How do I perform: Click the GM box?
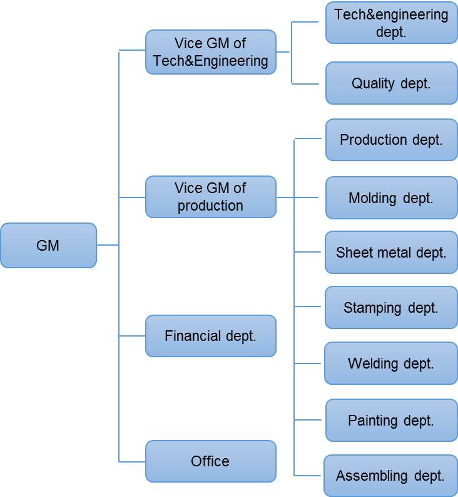pyautogui.click(x=48, y=246)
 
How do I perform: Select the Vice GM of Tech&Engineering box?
pyautogui.click(x=211, y=52)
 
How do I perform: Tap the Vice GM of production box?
pyautogui.click(x=211, y=197)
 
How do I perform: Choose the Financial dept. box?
pyautogui.click(x=211, y=336)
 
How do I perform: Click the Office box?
pyautogui.click(x=211, y=461)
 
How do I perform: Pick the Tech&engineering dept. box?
pyautogui.click(x=391, y=23)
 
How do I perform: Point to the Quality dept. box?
pyautogui.click(x=391, y=83)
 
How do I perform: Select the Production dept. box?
pyautogui.click(x=391, y=140)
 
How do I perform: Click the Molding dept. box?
pyautogui.click(x=391, y=198)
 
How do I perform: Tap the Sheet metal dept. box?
pyautogui.click(x=391, y=253)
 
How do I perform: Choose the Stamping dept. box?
pyautogui.click(x=391, y=308)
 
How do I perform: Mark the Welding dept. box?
pyautogui.click(x=391, y=364)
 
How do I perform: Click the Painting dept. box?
pyautogui.click(x=391, y=421)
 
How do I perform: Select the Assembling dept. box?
pyautogui.click(x=390, y=476)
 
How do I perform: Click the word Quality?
pyautogui.click(x=373, y=83)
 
